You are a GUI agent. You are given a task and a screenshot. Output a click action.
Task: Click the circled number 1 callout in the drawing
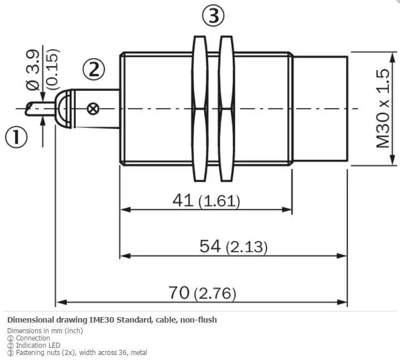tap(16, 137)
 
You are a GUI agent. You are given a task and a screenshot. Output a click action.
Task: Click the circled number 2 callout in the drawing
tap(94, 69)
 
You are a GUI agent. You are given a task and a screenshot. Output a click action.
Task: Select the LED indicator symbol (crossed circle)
tap(93, 109)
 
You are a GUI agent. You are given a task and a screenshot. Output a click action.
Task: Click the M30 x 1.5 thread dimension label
tap(383, 108)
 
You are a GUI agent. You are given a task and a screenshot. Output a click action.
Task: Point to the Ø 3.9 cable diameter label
tap(33, 69)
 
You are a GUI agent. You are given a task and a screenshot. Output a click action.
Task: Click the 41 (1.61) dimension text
tap(206, 200)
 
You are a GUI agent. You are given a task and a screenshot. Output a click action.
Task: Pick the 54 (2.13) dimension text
tap(233, 247)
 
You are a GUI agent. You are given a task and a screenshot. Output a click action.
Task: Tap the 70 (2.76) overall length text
tap(202, 292)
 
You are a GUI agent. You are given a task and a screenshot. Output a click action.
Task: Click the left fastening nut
tap(200, 109)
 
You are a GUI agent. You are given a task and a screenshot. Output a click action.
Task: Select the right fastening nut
tap(226, 109)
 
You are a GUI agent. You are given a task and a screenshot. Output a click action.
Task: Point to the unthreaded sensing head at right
tap(320, 109)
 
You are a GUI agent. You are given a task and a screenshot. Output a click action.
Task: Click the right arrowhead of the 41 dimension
tap(287, 210)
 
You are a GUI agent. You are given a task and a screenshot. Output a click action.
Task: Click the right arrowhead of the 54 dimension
tap(342, 256)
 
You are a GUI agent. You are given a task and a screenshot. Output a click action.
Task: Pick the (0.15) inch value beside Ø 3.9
tap(54, 69)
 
